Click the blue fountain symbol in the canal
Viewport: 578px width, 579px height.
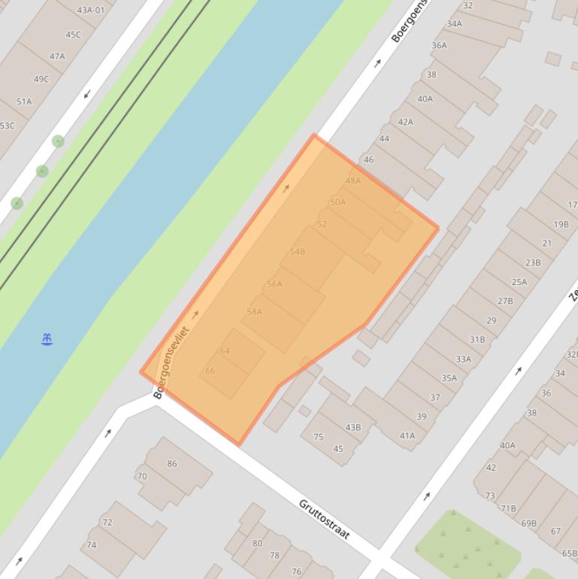pos(47,340)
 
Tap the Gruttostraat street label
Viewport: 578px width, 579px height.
pos(325,519)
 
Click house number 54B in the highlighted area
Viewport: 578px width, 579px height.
pos(298,251)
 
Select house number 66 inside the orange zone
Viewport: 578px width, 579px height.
pos(210,371)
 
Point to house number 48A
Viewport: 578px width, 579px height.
pos(353,180)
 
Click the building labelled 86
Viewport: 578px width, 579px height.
pos(172,463)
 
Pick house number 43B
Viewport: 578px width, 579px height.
pos(353,427)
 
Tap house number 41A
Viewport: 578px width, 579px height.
pos(407,435)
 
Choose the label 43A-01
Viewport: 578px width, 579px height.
pos(90,10)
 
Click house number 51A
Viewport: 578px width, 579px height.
pos(24,102)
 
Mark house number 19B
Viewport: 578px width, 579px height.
pos(561,224)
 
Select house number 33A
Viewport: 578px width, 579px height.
pos(463,359)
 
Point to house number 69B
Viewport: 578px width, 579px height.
pos(528,523)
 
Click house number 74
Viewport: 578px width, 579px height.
pos(91,545)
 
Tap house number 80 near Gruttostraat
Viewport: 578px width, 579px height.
pos(257,543)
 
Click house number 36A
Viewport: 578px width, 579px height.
pos(439,45)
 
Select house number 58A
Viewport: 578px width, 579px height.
pos(254,311)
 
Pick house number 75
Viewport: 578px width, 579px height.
pos(318,437)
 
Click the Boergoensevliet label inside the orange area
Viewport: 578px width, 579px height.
pos(172,362)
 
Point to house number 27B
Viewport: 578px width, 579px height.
pos(505,301)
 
